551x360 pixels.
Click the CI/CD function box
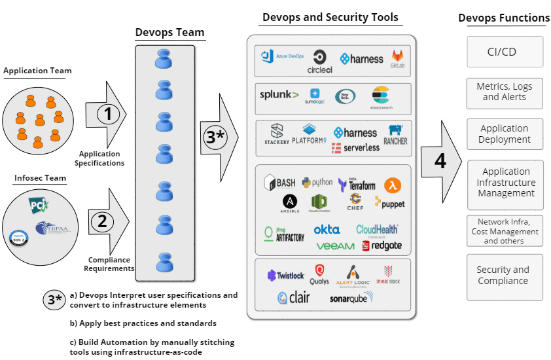coord(505,52)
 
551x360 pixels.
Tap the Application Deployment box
coord(504,134)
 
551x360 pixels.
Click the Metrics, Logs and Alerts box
coord(504,92)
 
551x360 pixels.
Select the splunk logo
coord(279,95)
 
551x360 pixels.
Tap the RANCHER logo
coord(395,135)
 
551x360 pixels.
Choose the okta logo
coord(327,230)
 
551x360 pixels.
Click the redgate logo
coord(382,245)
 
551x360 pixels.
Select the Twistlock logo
coord(286,276)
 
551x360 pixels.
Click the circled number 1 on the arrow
coord(109,115)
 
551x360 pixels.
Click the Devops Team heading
coord(169,32)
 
